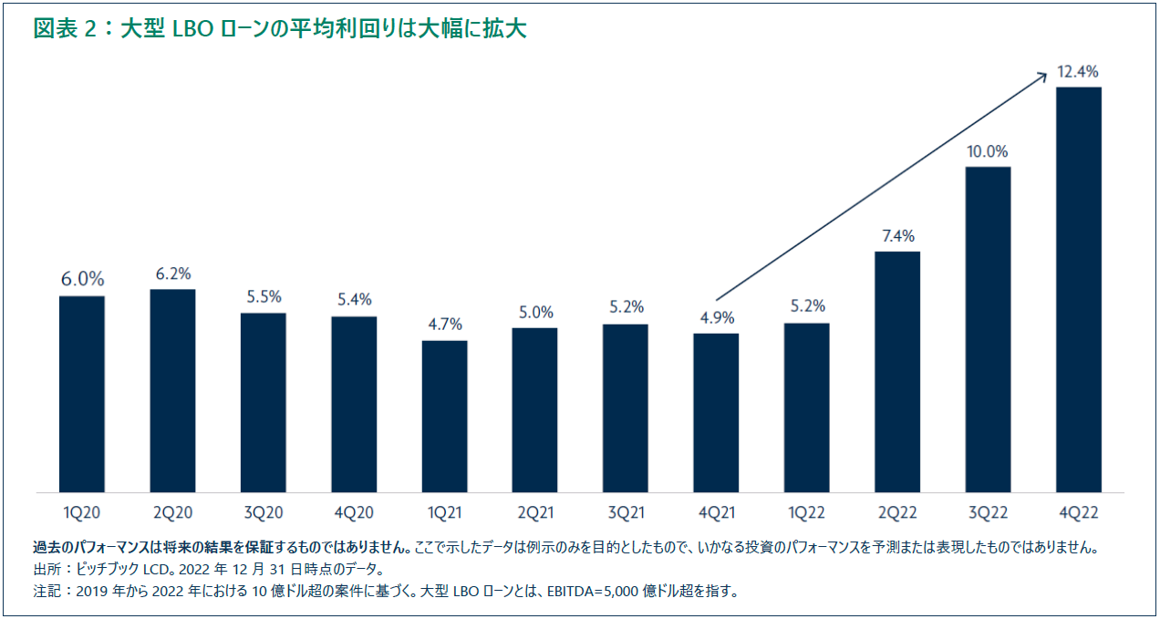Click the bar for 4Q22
[x=1078, y=290]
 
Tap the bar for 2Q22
[x=897, y=372]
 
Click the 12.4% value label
[x=1078, y=71]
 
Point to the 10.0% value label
[x=988, y=151]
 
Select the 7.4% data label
[x=897, y=236]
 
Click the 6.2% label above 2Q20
[x=172, y=273]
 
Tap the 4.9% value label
[x=716, y=318]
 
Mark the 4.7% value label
[x=445, y=325]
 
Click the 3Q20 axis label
[x=264, y=513]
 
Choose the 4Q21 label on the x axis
[x=716, y=513]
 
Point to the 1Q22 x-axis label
[x=806, y=513]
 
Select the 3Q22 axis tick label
[x=988, y=513]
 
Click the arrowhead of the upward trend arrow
[x=1042, y=77]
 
